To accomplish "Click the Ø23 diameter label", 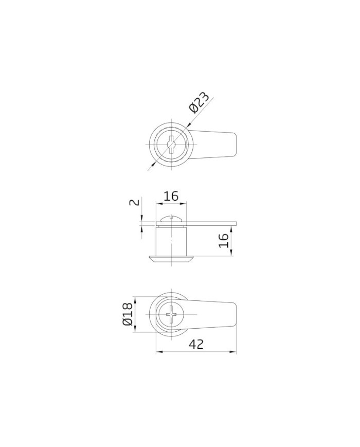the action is pyautogui.click(x=199, y=102).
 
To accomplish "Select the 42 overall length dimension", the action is pyautogui.click(x=196, y=344).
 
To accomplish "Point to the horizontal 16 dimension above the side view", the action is pyautogui.click(x=171, y=196).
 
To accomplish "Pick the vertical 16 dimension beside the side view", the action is pyautogui.click(x=224, y=240).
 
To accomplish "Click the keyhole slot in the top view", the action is pyautogui.click(x=171, y=145).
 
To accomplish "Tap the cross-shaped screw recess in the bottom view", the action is pyautogui.click(x=171, y=314).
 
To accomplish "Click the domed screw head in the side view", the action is pyautogui.click(x=171, y=219).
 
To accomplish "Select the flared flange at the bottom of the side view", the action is pyautogui.click(x=171, y=259).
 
